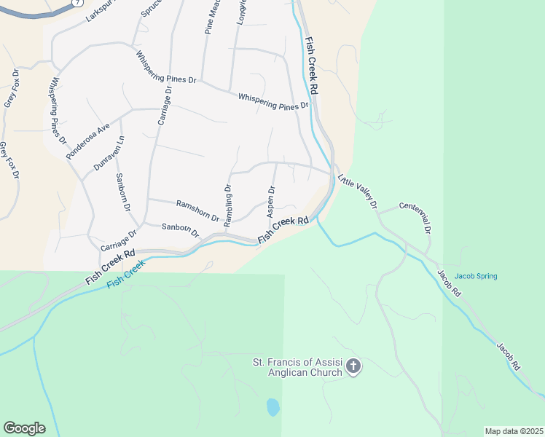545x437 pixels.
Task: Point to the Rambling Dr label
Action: point(227,205)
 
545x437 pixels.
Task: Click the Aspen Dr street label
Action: point(271,201)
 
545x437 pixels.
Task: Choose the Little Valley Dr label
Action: point(357,190)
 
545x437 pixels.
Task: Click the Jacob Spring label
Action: point(474,276)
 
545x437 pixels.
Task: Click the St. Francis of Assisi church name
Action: point(297,367)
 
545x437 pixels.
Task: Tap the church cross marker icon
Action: point(353,366)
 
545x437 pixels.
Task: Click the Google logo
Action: point(24,428)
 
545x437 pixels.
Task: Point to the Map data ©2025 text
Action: point(514,431)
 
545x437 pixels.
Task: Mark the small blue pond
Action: point(272,406)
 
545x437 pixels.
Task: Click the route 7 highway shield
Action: point(76,2)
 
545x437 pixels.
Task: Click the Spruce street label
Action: point(149,9)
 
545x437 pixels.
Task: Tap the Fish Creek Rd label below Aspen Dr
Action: point(284,229)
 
